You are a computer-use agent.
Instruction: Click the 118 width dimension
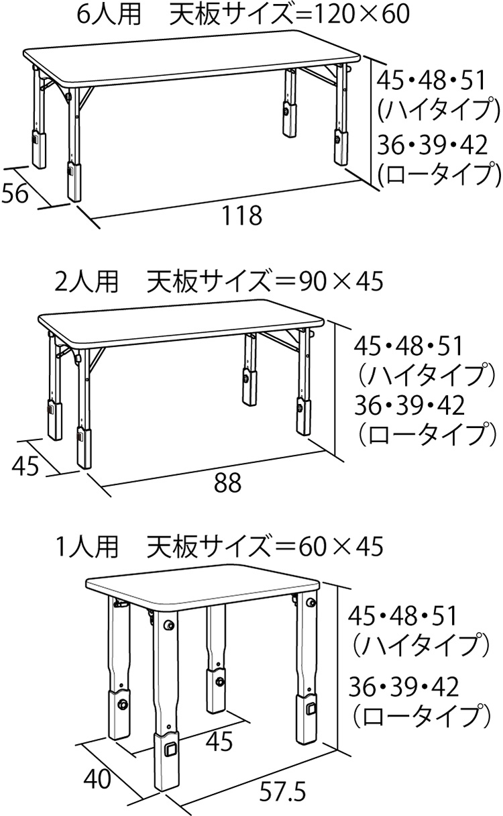pyautogui.click(x=241, y=215)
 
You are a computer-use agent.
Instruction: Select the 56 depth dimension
pyautogui.click(x=15, y=193)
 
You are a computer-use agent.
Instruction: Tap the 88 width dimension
pyautogui.click(x=227, y=483)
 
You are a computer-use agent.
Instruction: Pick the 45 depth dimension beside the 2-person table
pyautogui.click(x=25, y=466)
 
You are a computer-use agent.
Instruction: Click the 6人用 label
pyautogui.click(x=109, y=14)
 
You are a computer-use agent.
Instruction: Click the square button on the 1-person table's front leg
pyautogui.click(x=170, y=748)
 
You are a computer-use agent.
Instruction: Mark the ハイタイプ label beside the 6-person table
pyautogui.click(x=438, y=109)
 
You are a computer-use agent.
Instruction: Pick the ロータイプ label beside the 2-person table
pyautogui.click(x=428, y=435)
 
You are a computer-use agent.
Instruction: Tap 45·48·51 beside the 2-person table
pyautogui.click(x=408, y=346)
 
